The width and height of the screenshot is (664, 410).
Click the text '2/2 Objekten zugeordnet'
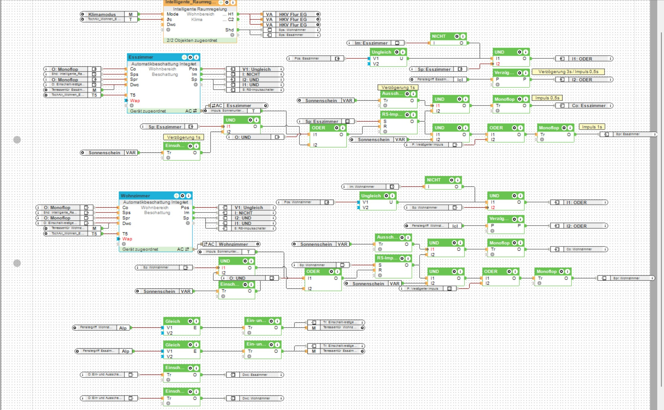192,40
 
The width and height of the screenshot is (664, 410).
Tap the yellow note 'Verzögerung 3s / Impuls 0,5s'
568,72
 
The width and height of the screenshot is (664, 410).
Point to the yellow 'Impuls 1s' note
592,127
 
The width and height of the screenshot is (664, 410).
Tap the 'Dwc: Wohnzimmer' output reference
256,398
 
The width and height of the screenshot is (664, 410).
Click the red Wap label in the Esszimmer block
135,101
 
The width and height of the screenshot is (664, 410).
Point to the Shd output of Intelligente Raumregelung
229,30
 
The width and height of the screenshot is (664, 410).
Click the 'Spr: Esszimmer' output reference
627,134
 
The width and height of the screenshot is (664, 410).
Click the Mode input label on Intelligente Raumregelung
172,14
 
